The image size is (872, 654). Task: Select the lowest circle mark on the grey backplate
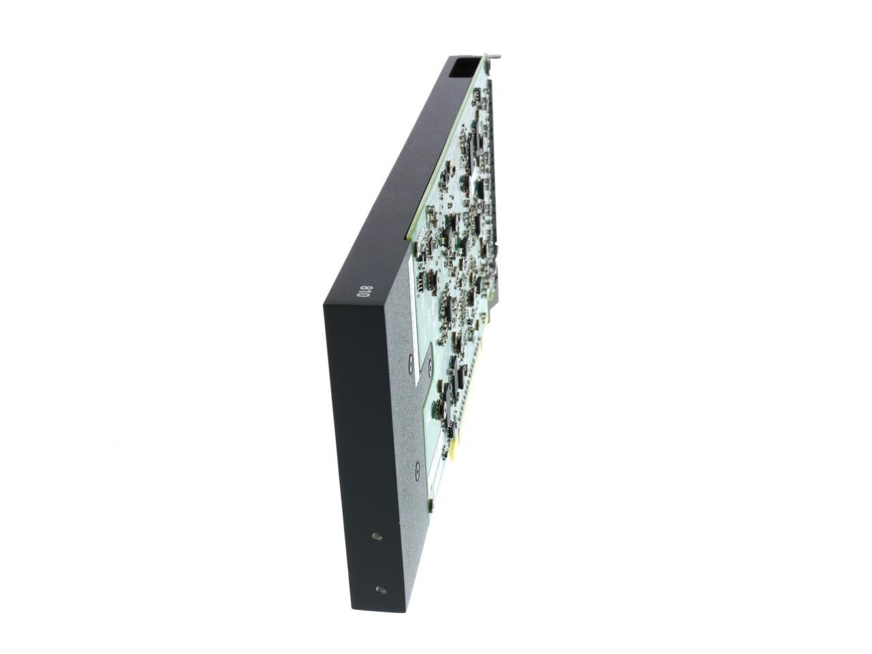point(417,469)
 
